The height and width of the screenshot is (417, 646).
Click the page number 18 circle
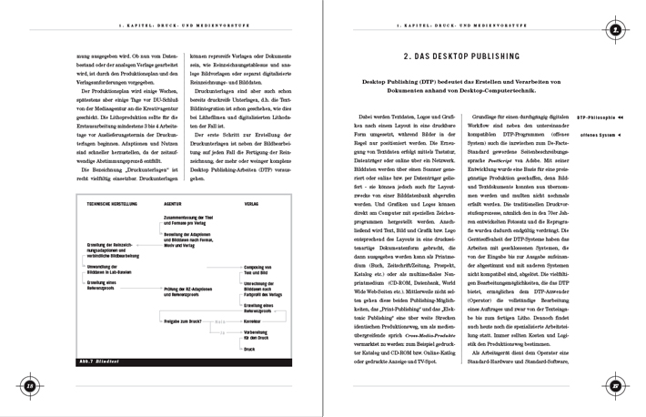coord(29,387)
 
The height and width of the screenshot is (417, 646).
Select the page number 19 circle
coord(616,387)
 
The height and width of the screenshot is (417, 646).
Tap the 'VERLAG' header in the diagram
coord(252,204)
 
